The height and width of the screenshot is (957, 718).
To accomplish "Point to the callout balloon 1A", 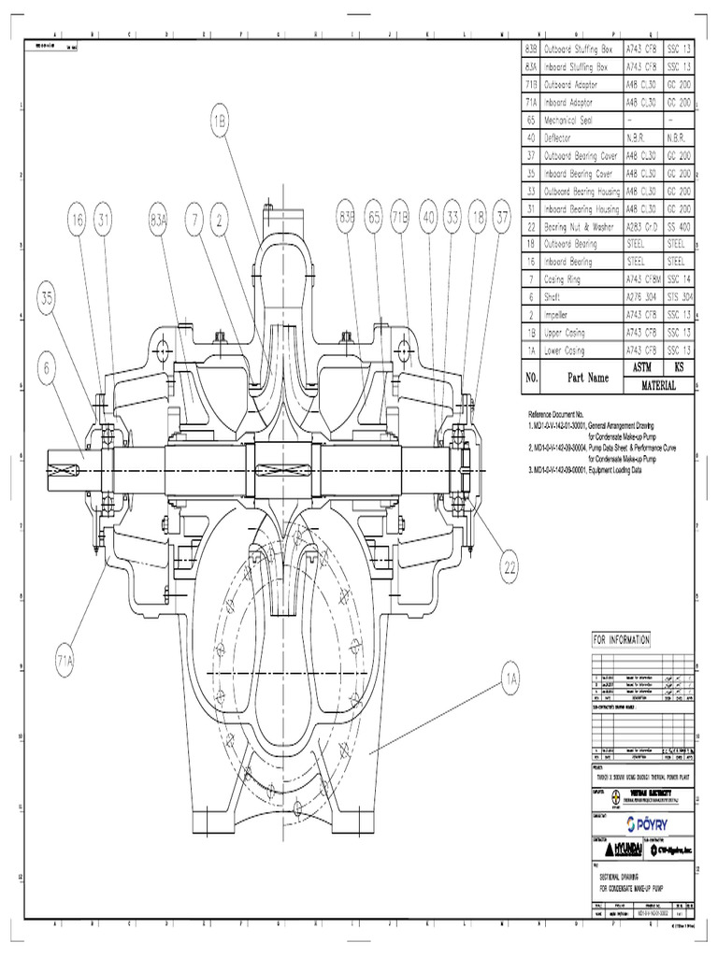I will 510,679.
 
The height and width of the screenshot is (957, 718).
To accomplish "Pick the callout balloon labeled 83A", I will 158,220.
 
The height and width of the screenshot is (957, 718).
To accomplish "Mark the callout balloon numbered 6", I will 48,368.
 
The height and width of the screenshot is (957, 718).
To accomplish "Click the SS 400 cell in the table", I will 679,226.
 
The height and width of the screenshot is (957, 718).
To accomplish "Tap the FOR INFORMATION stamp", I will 621,639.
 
